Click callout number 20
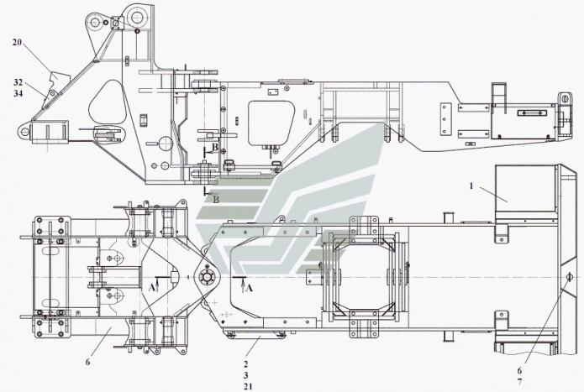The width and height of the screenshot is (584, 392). (17, 43)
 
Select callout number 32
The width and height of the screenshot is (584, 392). (18, 82)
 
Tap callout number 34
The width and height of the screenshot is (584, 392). (18, 93)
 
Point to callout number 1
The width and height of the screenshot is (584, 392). (471, 186)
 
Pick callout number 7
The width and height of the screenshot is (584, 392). (519, 382)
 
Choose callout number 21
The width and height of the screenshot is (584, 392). (248, 387)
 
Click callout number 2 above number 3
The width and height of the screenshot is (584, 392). (246, 364)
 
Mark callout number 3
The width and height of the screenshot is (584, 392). (246, 375)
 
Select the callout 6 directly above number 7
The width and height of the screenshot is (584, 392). (519, 370)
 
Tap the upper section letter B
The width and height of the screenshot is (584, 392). (215, 147)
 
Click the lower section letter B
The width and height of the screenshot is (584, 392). (216, 199)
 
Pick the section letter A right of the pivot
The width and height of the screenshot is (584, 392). (250, 287)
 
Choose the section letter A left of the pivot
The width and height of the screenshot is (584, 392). (151, 287)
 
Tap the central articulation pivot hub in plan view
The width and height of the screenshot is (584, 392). (207, 278)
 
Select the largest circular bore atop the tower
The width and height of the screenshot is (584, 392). (138, 16)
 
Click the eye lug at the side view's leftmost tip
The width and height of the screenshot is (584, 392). (24, 131)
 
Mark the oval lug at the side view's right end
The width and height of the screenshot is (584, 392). (565, 99)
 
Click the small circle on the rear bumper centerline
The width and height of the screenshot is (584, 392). (569, 277)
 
